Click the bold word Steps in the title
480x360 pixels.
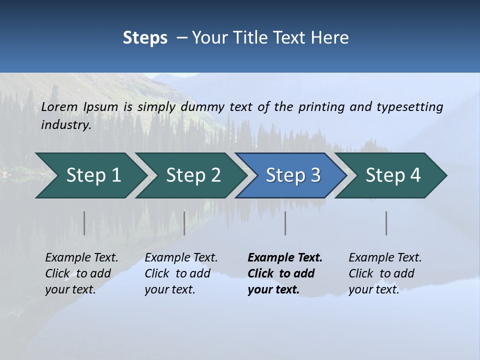pyautogui.click(x=145, y=38)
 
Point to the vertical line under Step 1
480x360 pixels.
pyautogui.click(x=84, y=223)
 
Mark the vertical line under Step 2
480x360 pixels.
pyautogui.click(x=184, y=223)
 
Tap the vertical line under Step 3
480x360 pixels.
pyautogui.click(x=285, y=223)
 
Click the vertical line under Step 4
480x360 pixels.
pyautogui.click(x=386, y=223)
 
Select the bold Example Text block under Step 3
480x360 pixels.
pyautogui.click(x=284, y=273)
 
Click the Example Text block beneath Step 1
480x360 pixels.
pyautogui.click(x=81, y=273)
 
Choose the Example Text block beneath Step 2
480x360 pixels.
pyautogui.click(x=181, y=273)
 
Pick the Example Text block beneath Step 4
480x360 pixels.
pyautogui.click(x=385, y=273)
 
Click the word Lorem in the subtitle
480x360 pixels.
pyautogui.click(x=59, y=107)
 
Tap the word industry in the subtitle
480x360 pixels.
pyautogui.click(x=65, y=125)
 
